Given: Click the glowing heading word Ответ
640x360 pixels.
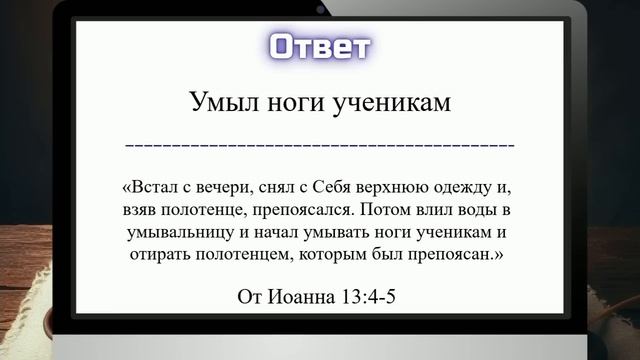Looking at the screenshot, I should [320, 47].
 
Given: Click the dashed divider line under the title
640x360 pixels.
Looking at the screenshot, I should [320, 146].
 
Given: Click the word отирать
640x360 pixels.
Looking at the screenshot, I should [157, 256].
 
